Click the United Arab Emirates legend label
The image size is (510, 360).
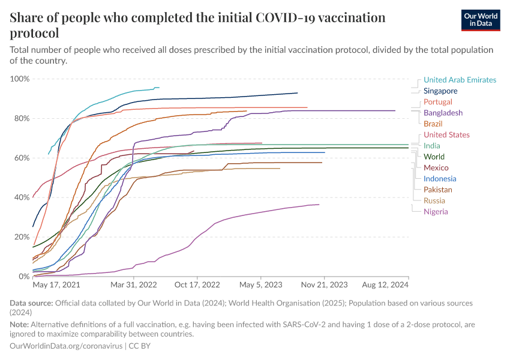(460, 80)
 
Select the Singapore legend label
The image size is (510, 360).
(440, 91)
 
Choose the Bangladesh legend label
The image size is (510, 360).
(443, 113)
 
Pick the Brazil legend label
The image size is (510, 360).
(433, 124)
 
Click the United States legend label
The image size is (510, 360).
(446, 135)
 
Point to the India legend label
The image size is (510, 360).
(432, 146)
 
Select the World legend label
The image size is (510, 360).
(434, 157)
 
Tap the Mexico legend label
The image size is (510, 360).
(435, 167)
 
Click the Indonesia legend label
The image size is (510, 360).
(440, 179)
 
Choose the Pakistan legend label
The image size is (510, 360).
(438, 190)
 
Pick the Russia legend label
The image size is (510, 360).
(434, 200)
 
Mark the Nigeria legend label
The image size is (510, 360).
(436, 211)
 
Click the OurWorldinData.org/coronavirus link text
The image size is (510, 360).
(66, 346)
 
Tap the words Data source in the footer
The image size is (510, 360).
(32, 304)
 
